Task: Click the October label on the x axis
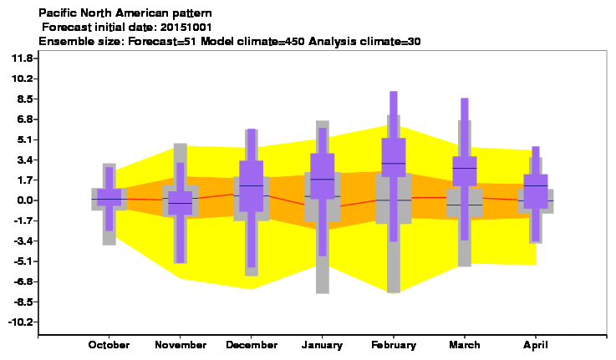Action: (x=109, y=345)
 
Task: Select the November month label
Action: (x=181, y=345)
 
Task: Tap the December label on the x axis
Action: (x=252, y=345)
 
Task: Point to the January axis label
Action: (x=322, y=345)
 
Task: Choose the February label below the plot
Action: (x=394, y=345)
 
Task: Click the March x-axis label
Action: (x=465, y=345)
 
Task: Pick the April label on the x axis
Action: (x=536, y=345)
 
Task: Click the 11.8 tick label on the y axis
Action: (x=22, y=58)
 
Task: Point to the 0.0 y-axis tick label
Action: (x=24, y=200)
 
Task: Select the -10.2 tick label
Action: (x=20, y=322)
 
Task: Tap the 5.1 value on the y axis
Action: (x=24, y=139)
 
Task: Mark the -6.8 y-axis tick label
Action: (x=23, y=281)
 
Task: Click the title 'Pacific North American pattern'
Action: (x=125, y=13)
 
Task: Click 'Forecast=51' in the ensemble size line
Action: (x=162, y=41)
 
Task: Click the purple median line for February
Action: (x=394, y=164)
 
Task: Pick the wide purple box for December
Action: (x=252, y=186)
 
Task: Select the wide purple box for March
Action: (x=465, y=171)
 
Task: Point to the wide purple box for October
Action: (x=109, y=197)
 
